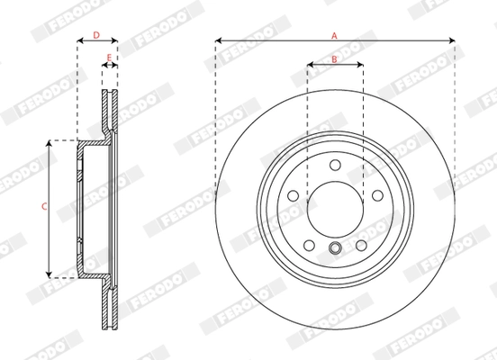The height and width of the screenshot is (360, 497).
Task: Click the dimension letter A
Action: [x=334, y=34]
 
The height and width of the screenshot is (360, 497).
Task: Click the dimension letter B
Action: [x=334, y=59]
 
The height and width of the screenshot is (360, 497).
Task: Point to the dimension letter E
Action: [x=109, y=59]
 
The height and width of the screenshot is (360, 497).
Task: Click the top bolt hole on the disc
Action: [x=334, y=164]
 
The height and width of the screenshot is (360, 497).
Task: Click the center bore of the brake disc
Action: [x=334, y=208]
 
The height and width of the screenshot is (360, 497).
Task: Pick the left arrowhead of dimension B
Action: [x=310, y=66]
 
